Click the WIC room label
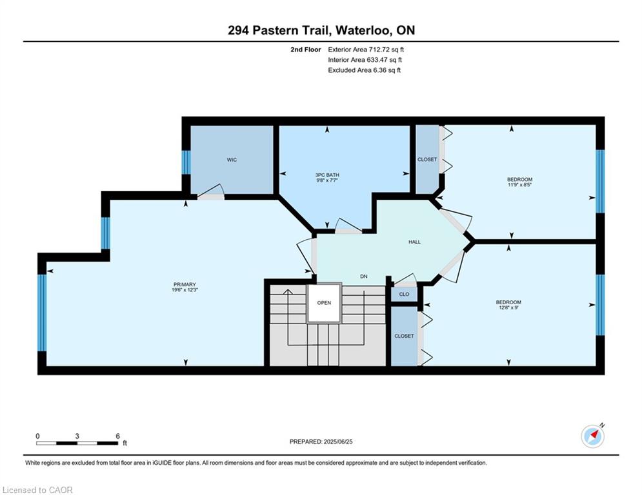[232, 160]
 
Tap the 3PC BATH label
[326, 175]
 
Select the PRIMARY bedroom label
[185, 284]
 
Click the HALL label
[414, 242]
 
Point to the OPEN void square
[324, 303]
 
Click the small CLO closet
[404, 294]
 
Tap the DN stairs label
[363, 277]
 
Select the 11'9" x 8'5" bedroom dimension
[519, 184]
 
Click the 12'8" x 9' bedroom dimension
[508, 307]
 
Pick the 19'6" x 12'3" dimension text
[185, 289]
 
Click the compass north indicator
[593, 436]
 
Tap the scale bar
[77, 443]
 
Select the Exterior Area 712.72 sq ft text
[366, 50]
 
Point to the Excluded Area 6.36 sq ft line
[364, 70]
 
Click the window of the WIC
[186, 162]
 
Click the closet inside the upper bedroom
[427, 159]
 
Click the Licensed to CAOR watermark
[37, 490]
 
